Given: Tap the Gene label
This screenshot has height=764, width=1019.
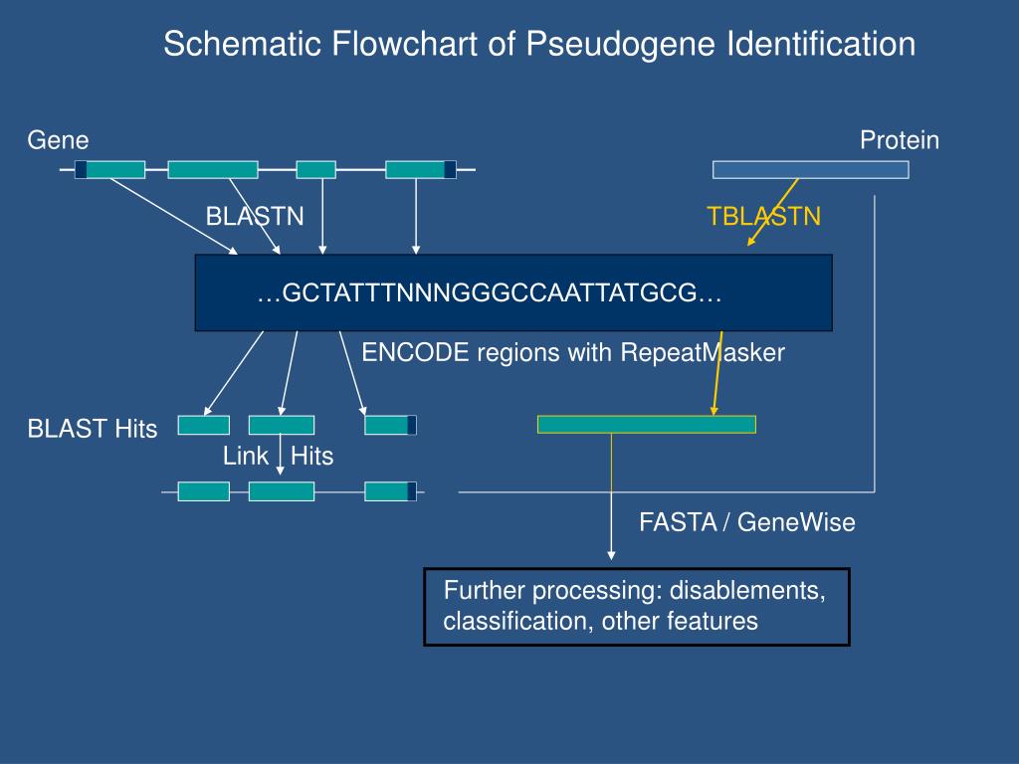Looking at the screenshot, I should click(58, 140).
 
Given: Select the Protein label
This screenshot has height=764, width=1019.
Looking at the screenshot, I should click(900, 140).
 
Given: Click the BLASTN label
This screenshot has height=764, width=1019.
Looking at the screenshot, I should click(255, 217).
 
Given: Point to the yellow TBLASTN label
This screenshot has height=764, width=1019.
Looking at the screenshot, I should click(764, 217).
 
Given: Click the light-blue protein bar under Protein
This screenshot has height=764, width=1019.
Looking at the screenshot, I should click(810, 170).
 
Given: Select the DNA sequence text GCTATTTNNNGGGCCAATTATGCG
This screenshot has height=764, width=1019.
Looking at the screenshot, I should click(489, 294).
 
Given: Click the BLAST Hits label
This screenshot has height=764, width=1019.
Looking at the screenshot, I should click(93, 429).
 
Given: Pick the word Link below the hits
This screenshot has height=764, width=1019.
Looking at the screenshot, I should click(246, 457).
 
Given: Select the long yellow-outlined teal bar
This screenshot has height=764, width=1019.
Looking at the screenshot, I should click(647, 424).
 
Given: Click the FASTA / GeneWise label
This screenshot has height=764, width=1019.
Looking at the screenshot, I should click(747, 522).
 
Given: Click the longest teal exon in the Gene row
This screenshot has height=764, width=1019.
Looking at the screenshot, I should click(213, 170).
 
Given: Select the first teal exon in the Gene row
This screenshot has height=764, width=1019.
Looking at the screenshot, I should click(115, 170).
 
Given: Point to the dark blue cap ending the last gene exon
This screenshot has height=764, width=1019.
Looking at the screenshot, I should click(450, 170).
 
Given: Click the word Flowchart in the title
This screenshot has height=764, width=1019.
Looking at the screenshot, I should click(401, 45).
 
